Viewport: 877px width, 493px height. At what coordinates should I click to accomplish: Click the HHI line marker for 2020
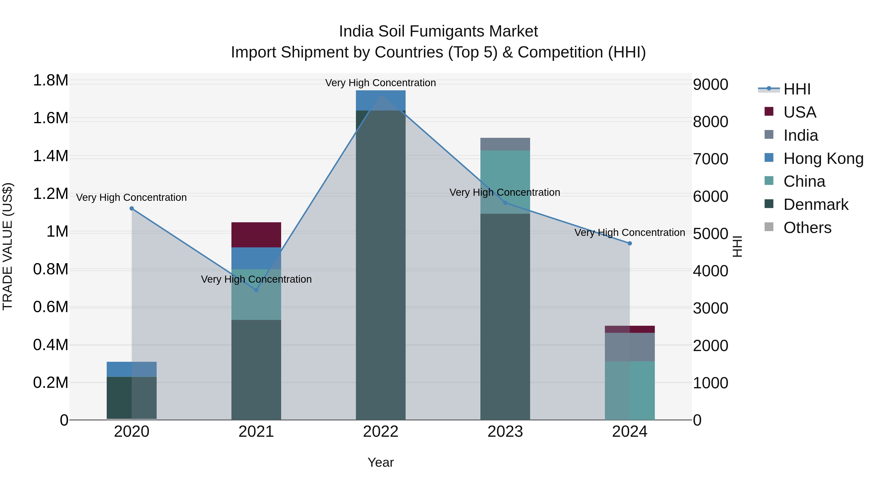132,208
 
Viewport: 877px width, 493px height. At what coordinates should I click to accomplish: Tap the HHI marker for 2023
505,203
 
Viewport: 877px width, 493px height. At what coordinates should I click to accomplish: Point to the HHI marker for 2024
630,243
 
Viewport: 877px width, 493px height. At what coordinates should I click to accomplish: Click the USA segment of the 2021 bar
256,235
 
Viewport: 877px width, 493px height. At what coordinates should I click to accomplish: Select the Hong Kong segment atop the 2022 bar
381,100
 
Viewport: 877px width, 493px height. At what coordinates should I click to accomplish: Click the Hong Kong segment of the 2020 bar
132,369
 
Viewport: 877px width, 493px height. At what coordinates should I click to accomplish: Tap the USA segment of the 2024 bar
630,329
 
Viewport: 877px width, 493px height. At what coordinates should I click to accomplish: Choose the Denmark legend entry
815,205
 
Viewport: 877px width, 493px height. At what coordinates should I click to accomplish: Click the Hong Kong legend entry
823,158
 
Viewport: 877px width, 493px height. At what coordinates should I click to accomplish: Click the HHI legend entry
797,89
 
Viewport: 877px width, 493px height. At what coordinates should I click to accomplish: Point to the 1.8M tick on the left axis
50,81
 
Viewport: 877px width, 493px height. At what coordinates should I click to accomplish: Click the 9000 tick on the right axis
711,85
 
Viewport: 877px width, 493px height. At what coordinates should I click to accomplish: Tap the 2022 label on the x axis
381,432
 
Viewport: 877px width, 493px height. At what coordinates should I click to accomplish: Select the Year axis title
381,462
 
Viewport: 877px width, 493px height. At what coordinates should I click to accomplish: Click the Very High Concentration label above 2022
381,83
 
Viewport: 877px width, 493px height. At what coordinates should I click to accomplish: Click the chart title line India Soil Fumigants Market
438,31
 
